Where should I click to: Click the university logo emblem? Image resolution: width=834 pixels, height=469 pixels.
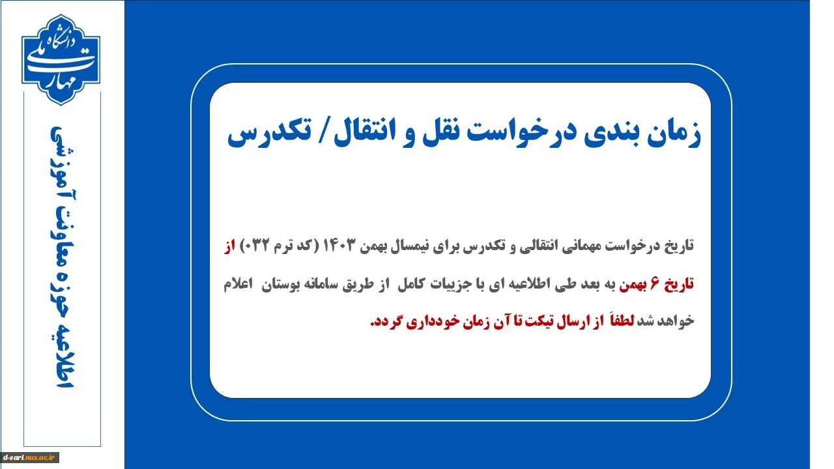(x=61, y=59)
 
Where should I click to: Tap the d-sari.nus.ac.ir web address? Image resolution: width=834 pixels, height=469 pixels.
(x=30, y=457)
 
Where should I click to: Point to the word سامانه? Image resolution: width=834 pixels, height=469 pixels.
(x=321, y=285)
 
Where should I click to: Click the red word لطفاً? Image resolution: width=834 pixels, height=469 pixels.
(x=621, y=320)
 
